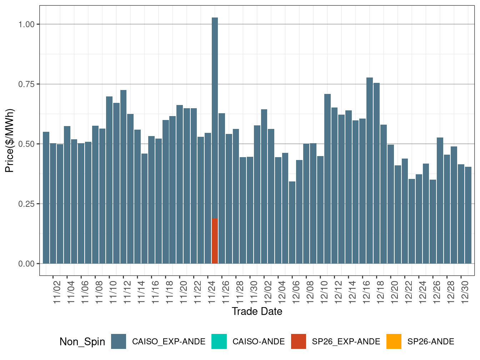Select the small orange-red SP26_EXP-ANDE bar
[215, 241]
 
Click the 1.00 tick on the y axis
[26, 24]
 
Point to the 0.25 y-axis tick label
[26, 204]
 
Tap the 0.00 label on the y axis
[26, 264]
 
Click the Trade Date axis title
[257, 311]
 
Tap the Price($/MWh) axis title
[10, 140]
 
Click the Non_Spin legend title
[82, 342]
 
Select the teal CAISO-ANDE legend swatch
[219, 341]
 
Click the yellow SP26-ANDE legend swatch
[394, 341]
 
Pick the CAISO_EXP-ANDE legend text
[169, 342]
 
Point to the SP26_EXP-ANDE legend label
[346, 342]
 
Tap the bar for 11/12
[123, 177]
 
